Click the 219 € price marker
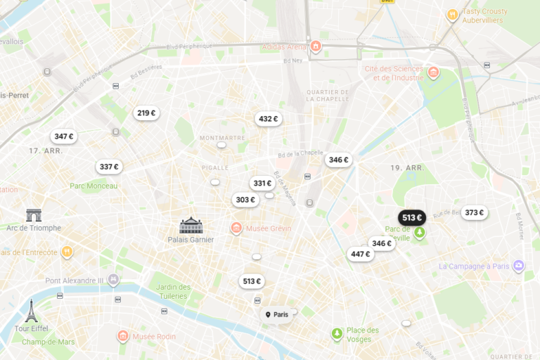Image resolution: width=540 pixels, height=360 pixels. (146, 113)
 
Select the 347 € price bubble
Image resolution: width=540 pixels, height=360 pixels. (64, 136)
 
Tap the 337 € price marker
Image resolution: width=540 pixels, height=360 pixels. (109, 167)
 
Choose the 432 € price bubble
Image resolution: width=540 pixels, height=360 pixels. (268, 119)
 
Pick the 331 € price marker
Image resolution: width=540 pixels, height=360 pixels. (262, 184)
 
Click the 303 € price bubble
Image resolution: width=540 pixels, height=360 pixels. (245, 200)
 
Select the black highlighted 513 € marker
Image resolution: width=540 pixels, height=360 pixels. (412, 217)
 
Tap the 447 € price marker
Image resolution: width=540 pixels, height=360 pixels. (360, 254)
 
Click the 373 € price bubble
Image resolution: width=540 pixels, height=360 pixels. (475, 212)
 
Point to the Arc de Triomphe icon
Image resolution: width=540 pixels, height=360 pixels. (34, 215)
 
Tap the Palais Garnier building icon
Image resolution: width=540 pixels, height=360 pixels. (191, 225)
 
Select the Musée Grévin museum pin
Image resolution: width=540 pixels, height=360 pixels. (237, 228)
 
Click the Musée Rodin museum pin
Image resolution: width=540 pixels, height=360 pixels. (123, 336)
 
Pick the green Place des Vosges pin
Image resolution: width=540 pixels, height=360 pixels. (337, 333)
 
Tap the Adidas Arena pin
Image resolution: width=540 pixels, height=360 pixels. (316, 47)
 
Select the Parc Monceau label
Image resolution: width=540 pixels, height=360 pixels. (94, 186)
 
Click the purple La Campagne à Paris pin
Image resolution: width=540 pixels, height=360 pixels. (519, 266)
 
